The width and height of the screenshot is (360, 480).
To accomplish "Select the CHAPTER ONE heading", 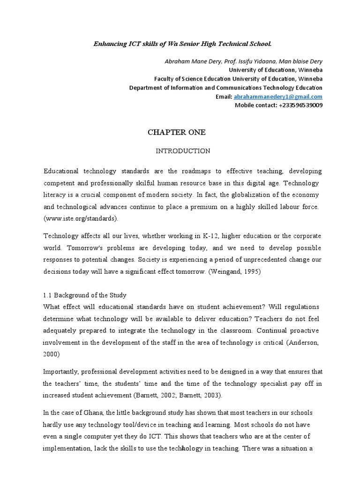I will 177,133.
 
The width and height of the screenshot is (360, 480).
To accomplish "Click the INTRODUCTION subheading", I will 183,151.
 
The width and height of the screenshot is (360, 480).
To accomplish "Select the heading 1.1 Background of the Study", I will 85,295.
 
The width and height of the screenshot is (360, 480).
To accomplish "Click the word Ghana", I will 90,412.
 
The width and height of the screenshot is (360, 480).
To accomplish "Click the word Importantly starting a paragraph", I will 61,372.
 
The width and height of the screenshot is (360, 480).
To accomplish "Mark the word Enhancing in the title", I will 109,44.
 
